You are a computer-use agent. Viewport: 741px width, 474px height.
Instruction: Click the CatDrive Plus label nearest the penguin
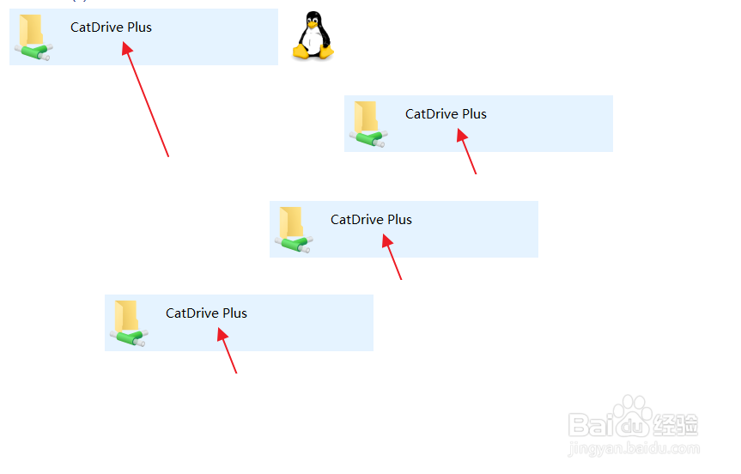(x=111, y=27)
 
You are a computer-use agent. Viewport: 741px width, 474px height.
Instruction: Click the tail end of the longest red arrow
(x=167, y=155)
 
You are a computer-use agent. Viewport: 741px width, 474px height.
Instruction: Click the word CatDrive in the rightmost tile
(x=432, y=114)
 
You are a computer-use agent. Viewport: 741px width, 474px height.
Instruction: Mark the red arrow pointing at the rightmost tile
(x=466, y=151)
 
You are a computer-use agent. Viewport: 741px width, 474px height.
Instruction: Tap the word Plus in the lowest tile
(x=234, y=313)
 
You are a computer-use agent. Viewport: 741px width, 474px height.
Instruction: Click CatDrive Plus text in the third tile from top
(x=371, y=220)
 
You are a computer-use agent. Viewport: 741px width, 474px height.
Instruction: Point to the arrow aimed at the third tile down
(x=392, y=257)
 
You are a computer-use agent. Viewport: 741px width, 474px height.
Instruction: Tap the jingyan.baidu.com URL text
(x=635, y=447)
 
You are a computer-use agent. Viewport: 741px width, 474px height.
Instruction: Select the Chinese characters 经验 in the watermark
(x=677, y=423)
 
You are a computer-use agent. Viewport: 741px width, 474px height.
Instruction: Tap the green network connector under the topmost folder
(x=34, y=52)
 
